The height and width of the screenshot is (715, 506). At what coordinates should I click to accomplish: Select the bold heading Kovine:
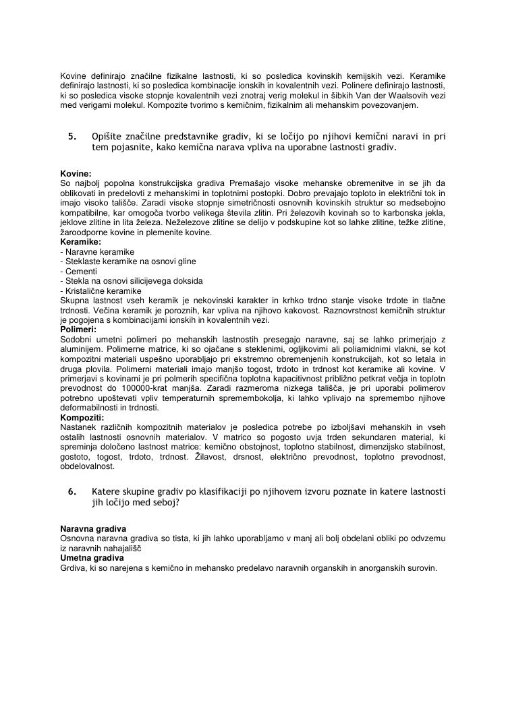(x=76, y=174)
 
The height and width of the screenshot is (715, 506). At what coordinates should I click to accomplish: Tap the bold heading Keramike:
(x=81, y=241)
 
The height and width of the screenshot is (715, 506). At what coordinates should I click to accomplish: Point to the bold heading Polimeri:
(x=78, y=330)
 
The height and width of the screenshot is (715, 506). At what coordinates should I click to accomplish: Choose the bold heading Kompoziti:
(x=82, y=418)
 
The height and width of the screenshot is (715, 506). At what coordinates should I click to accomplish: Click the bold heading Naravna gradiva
(x=93, y=529)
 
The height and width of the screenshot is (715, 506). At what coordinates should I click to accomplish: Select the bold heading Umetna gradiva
(x=92, y=558)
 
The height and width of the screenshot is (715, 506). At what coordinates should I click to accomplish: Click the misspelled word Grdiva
(x=73, y=568)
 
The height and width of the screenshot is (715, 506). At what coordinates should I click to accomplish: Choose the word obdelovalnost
(x=88, y=466)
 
